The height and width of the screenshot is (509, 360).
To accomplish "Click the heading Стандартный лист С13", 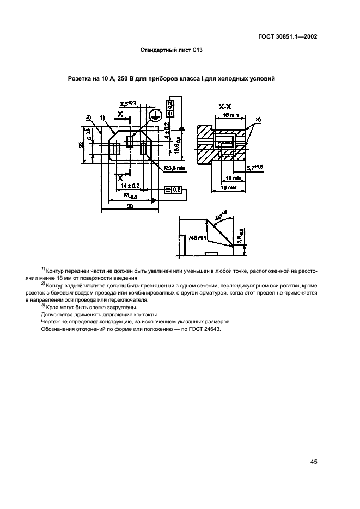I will click(172, 50).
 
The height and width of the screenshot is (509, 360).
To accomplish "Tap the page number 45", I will click(314, 462).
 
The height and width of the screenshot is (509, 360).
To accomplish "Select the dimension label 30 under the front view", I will click(130, 207).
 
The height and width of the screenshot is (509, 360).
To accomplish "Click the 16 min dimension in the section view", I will click(231, 115).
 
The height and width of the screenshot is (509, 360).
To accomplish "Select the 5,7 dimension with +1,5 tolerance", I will click(255, 167).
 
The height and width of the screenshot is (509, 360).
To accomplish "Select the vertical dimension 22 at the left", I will click(81, 144).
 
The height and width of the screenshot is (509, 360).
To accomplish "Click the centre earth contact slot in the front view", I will click(130, 141).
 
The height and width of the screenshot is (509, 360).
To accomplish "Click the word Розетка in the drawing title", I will click(80, 79).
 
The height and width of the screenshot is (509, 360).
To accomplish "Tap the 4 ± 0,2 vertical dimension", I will click(167, 132).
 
